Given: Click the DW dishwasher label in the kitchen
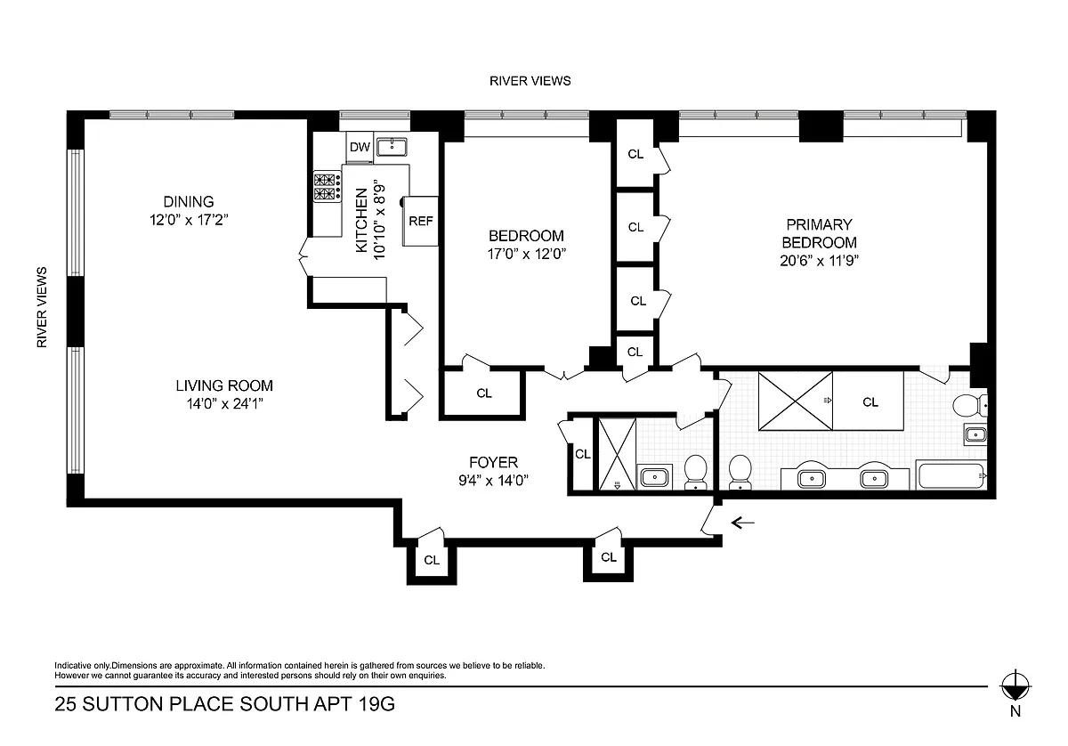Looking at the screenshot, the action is (360, 147).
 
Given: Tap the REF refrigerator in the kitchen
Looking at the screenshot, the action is (420, 222).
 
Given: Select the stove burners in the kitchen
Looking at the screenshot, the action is (328, 187).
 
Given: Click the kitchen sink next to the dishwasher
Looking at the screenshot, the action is (392, 147).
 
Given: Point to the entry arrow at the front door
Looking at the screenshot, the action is (743, 523).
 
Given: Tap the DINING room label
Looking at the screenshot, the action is (189, 202).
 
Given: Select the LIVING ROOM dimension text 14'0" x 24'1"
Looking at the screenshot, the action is (224, 404).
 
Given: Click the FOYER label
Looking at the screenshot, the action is (493, 462).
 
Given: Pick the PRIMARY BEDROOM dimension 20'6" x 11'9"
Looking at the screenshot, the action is (819, 261).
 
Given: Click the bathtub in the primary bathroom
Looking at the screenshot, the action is (951, 474).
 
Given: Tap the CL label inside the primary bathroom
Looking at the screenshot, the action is (870, 402).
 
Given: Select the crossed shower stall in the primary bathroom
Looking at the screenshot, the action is (796, 401).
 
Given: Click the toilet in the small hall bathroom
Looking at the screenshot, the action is (696, 471).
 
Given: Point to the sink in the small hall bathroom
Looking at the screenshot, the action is (655, 476).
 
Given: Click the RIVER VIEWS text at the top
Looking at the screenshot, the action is (530, 81).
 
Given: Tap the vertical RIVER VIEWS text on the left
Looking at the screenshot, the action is (42, 307).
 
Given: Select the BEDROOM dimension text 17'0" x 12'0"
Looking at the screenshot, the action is (526, 254).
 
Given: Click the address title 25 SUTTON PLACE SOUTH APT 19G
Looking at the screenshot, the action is (224, 704).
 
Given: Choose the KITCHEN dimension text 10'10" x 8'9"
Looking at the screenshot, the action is (379, 220).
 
